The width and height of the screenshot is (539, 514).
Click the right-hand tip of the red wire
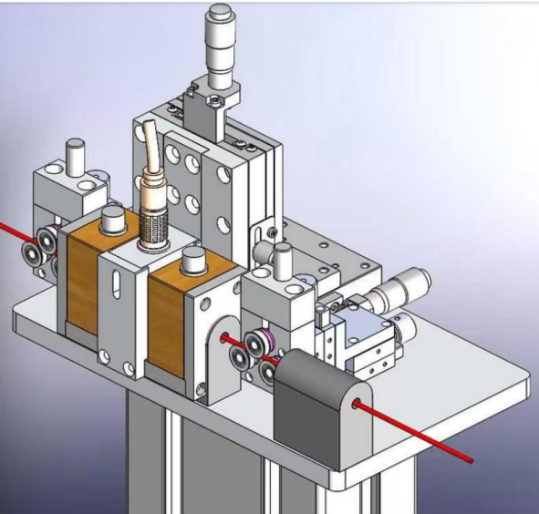click(x=471, y=461)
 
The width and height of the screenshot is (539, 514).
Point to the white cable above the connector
click(x=149, y=146)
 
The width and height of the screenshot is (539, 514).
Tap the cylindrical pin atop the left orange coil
click(x=113, y=218)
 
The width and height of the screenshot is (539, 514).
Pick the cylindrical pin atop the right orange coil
click(x=194, y=260)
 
